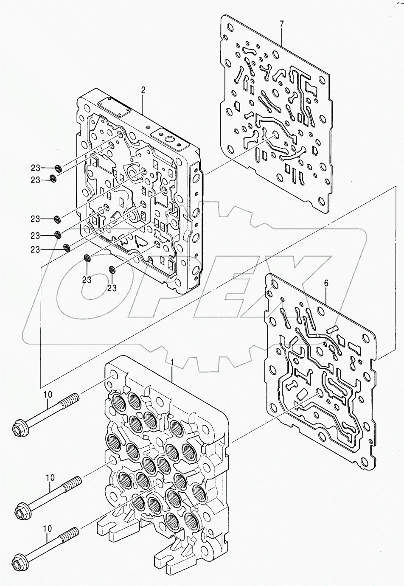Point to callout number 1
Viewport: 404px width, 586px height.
(x=172, y=362)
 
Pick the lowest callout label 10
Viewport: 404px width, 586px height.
(x=47, y=529)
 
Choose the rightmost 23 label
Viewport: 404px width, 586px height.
(x=112, y=288)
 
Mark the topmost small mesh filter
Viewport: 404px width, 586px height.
(x=59, y=168)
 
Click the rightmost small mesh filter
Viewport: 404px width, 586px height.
(x=112, y=269)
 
